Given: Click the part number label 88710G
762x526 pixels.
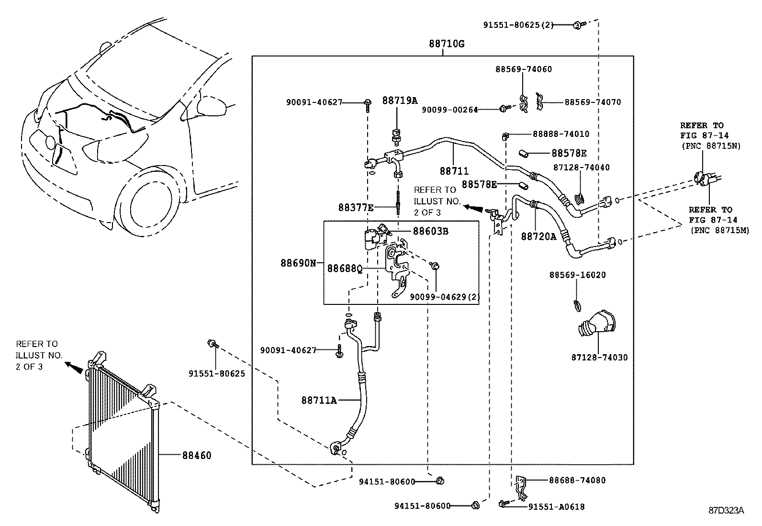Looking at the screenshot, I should pos(446,44).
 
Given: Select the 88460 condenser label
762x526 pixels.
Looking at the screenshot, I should pos(196,456).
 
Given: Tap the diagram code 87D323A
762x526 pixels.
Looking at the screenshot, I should pos(726,511).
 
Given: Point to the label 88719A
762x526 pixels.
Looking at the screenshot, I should pos(400,101).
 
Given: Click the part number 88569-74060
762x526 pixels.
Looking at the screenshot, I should pos(523,69).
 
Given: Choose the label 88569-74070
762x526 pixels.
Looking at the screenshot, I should pos(593,102).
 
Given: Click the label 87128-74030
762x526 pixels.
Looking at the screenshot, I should pos(599,358).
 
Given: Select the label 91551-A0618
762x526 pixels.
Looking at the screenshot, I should pos(556,507).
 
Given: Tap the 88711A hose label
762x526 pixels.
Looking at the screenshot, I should pos(319,400).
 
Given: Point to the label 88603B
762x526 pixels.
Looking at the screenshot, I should pos(430,231).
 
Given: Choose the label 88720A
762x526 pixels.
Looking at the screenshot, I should pos(538,236).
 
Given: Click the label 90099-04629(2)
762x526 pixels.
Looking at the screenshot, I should pos(445,297).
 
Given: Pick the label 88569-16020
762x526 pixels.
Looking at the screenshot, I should pos(577,275).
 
